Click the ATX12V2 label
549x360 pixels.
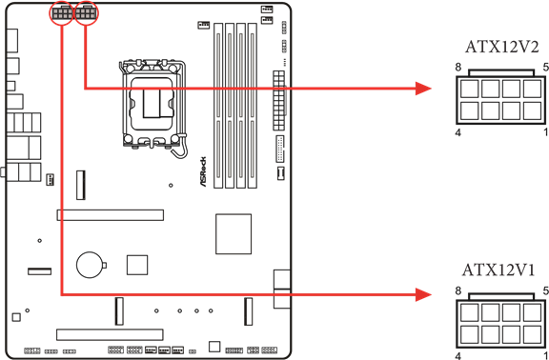click(501, 47)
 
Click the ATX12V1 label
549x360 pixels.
click(498, 270)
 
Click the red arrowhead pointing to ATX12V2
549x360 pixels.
click(423, 89)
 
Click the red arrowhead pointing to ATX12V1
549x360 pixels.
click(423, 294)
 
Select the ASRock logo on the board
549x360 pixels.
click(203, 171)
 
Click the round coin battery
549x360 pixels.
click(91, 266)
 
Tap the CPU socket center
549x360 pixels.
click(152, 102)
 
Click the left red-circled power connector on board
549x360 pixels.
click(62, 13)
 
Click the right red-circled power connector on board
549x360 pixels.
click(87, 13)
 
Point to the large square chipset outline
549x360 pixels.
click(234, 233)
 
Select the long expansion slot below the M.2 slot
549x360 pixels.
click(111, 215)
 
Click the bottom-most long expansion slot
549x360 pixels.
click(110, 334)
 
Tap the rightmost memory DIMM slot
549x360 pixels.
click(253, 105)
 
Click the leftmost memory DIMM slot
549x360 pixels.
click(218, 105)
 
